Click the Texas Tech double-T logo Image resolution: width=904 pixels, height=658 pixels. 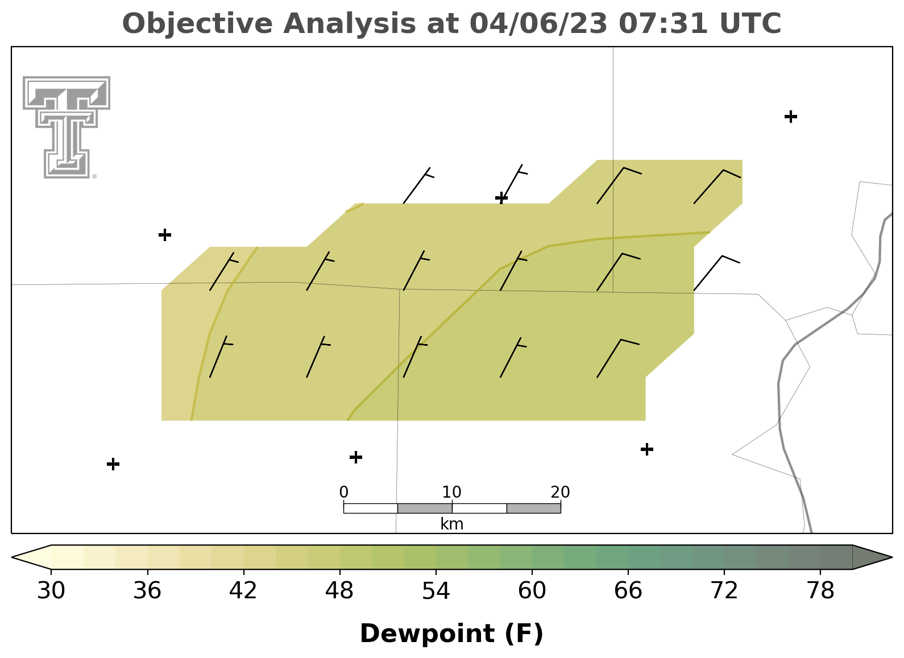pyautogui.click(x=67, y=127)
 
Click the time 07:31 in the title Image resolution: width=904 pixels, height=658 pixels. pyautogui.click(x=663, y=23)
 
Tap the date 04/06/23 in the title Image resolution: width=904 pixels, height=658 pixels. pyautogui.click(x=538, y=24)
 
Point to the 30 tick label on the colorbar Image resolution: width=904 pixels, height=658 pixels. pyautogui.click(x=51, y=591)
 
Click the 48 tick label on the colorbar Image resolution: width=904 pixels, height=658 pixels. pyautogui.click(x=339, y=591)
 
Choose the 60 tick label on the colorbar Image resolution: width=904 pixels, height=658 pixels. pyautogui.click(x=532, y=591)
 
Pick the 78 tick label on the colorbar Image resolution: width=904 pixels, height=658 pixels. pyautogui.click(x=820, y=591)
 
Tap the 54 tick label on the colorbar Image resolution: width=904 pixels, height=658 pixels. pyautogui.click(x=436, y=591)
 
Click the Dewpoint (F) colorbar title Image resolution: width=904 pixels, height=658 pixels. pyautogui.click(x=451, y=634)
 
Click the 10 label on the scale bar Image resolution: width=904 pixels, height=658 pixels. pyautogui.click(x=451, y=492)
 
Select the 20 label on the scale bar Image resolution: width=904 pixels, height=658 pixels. pyautogui.click(x=560, y=492)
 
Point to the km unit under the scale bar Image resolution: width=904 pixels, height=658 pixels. pyautogui.click(x=451, y=524)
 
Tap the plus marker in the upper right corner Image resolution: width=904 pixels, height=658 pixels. pyautogui.click(x=791, y=117)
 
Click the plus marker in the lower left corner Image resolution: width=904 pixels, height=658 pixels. pyautogui.click(x=113, y=464)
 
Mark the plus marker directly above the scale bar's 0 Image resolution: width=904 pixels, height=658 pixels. pyautogui.click(x=355, y=457)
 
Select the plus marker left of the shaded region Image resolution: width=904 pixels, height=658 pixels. pyautogui.click(x=165, y=234)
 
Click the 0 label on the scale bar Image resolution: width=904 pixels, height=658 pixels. pyautogui.click(x=343, y=492)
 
